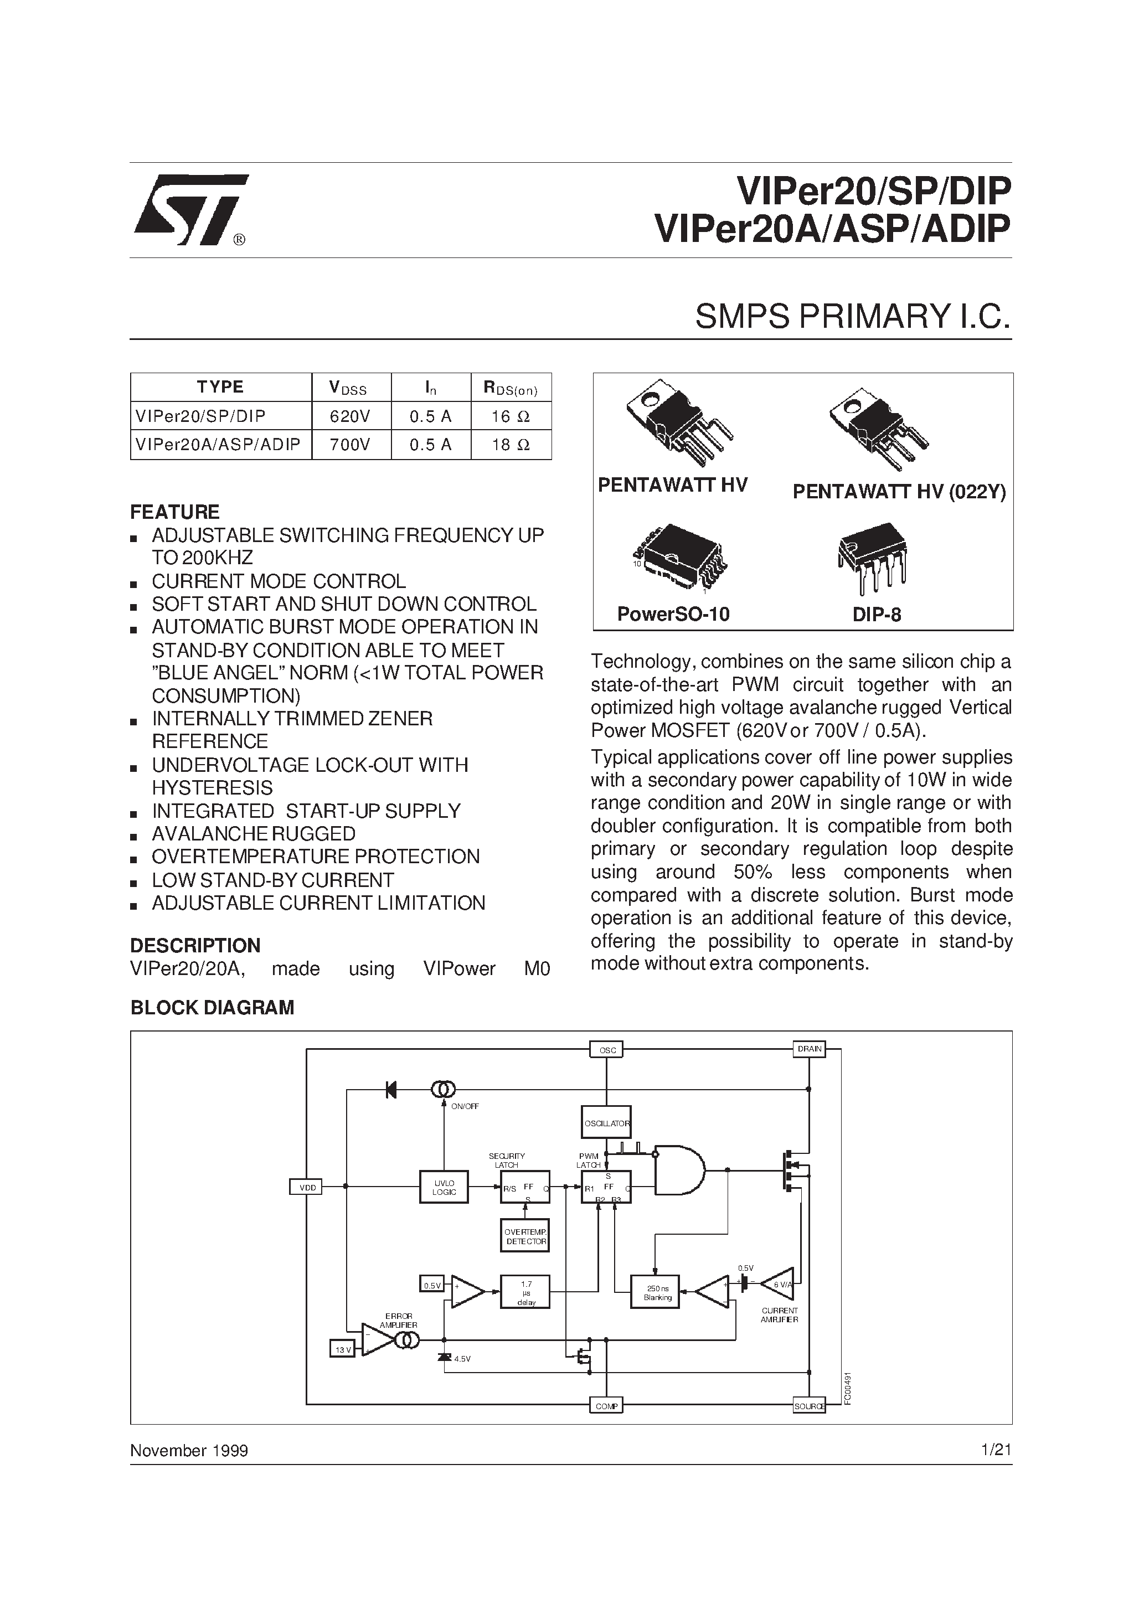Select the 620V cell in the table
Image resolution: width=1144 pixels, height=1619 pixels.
click(351, 416)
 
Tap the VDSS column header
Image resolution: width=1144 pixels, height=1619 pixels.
click(351, 388)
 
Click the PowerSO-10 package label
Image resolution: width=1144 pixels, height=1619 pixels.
click(673, 614)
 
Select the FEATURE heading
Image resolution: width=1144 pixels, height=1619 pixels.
click(175, 512)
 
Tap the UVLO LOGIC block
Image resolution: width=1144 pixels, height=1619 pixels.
click(444, 1188)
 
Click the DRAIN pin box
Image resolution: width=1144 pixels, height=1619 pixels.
click(809, 1049)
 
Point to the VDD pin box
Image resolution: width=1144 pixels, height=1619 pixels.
click(307, 1188)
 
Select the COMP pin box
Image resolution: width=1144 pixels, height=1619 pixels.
click(606, 1406)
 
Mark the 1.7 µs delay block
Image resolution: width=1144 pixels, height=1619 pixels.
click(525, 1292)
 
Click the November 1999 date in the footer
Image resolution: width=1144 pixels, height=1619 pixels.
click(189, 1451)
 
